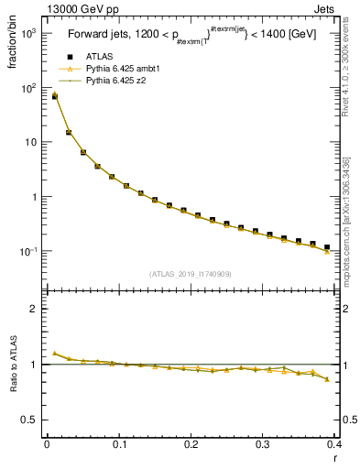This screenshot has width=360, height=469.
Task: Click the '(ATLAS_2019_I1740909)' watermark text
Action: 191,272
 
